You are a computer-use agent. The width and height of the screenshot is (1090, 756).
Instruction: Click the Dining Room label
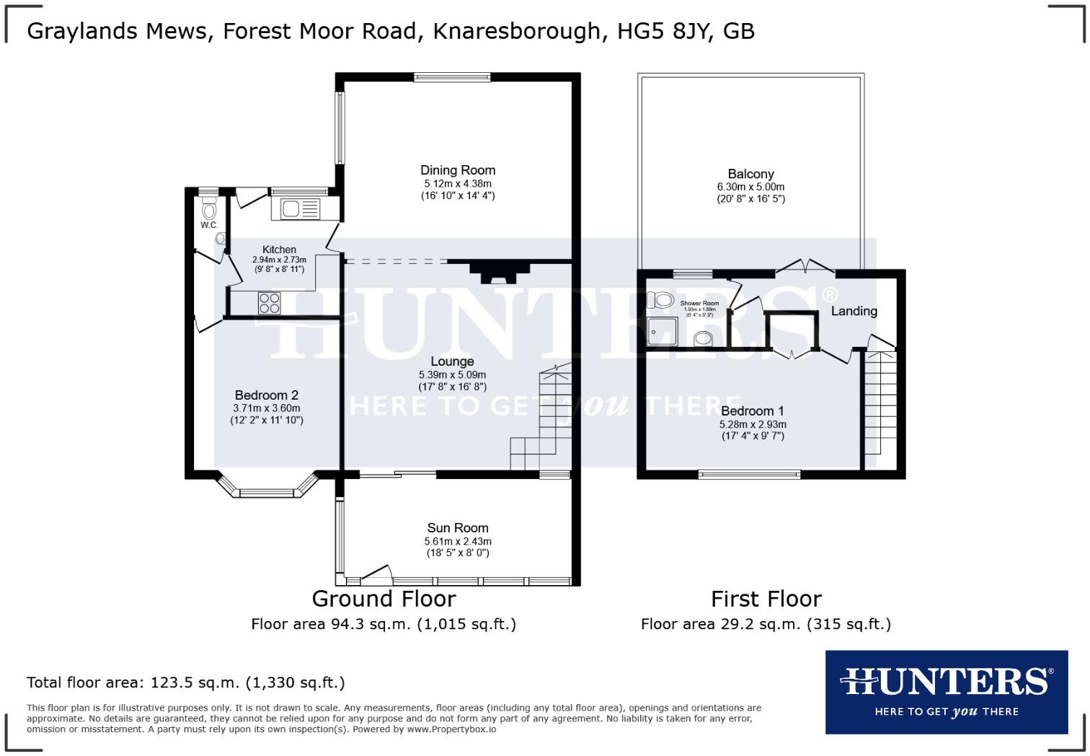[x=458, y=170]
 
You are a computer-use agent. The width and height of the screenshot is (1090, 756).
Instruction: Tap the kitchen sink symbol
[x=300, y=209]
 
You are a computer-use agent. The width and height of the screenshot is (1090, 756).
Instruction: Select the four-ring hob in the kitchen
[x=270, y=303]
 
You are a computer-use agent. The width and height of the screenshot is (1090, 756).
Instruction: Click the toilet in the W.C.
[x=209, y=211]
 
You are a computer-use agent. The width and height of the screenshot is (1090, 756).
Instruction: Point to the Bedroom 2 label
[x=266, y=395]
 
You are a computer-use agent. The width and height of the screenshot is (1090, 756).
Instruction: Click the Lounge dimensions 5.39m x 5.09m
[x=452, y=375]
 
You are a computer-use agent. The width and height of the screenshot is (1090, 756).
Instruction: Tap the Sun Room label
[x=457, y=528]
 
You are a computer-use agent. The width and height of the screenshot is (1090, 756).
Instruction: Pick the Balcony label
[x=750, y=174]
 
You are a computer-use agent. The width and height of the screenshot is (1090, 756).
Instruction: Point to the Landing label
[x=854, y=311]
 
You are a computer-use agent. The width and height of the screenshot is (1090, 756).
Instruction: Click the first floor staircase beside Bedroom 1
[x=880, y=404]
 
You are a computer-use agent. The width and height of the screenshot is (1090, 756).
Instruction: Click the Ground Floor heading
[x=384, y=599]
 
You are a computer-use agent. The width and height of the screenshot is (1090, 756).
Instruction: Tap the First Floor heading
[x=766, y=599]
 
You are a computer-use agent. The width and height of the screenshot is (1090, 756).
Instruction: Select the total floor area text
[x=186, y=682]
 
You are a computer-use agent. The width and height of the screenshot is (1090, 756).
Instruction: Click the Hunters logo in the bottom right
[x=946, y=692]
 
